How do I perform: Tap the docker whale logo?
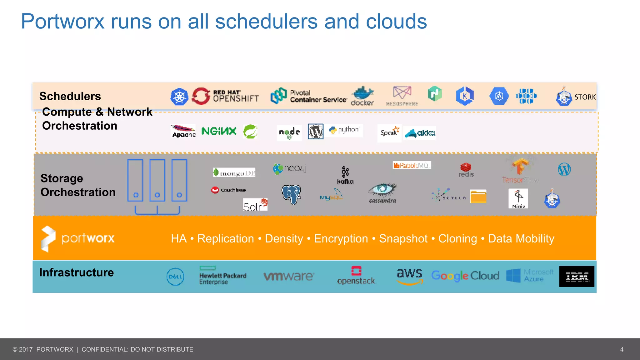coord(362,96)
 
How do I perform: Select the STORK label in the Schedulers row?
coord(585,97)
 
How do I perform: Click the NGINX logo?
coord(219,131)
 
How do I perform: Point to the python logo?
coord(345,130)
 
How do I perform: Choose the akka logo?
coord(420,133)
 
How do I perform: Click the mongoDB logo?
coord(234,172)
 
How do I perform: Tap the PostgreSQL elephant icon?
coord(291,195)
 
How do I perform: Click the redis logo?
coord(466,170)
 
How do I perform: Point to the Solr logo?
coord(255,205)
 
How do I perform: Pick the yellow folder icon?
coord(478,197)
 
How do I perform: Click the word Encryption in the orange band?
coord(341,239)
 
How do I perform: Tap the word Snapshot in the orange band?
coord(403,239)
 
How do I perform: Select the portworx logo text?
coord(88,238)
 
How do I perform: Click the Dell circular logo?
coord(175,277)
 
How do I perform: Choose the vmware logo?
coord(288,276)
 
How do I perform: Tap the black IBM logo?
coord(577,277)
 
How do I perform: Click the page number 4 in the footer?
coord(622,349)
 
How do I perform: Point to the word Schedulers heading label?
coord(70,96)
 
